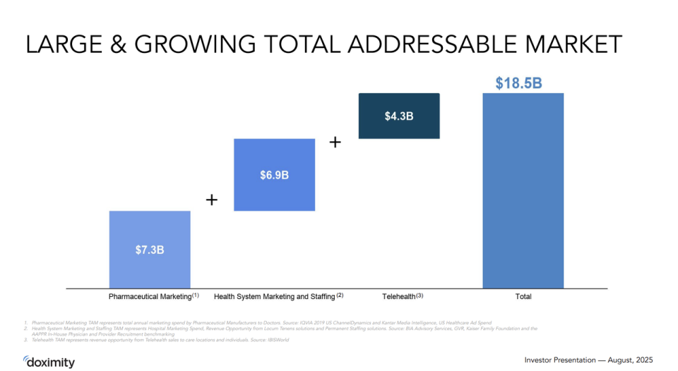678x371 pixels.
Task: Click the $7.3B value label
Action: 150,250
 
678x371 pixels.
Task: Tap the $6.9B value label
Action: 274,175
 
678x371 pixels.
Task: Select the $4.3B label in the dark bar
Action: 399,116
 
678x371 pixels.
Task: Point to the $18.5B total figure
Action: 523,83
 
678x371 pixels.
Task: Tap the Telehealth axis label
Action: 402,296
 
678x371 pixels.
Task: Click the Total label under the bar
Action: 523,297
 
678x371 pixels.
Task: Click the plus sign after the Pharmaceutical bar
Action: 212,200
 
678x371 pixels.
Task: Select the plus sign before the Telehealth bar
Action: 335,142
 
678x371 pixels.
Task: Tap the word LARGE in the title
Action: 61,44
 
